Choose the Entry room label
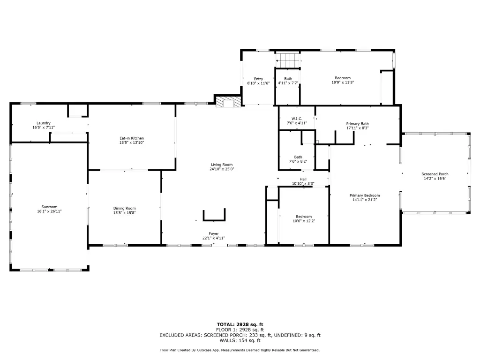[258, 79]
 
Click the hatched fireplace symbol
[228, 102]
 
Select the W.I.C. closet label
[297, 119]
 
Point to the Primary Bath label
[358, 124]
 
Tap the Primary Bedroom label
[365, 195]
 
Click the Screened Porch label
[435, 174]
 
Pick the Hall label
[303, 180]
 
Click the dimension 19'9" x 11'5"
[343, 82]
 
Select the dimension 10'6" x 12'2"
[304, 221]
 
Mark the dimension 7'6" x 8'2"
[298, 161]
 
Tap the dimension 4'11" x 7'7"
[288, 83]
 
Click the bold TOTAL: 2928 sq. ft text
[240, 324]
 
